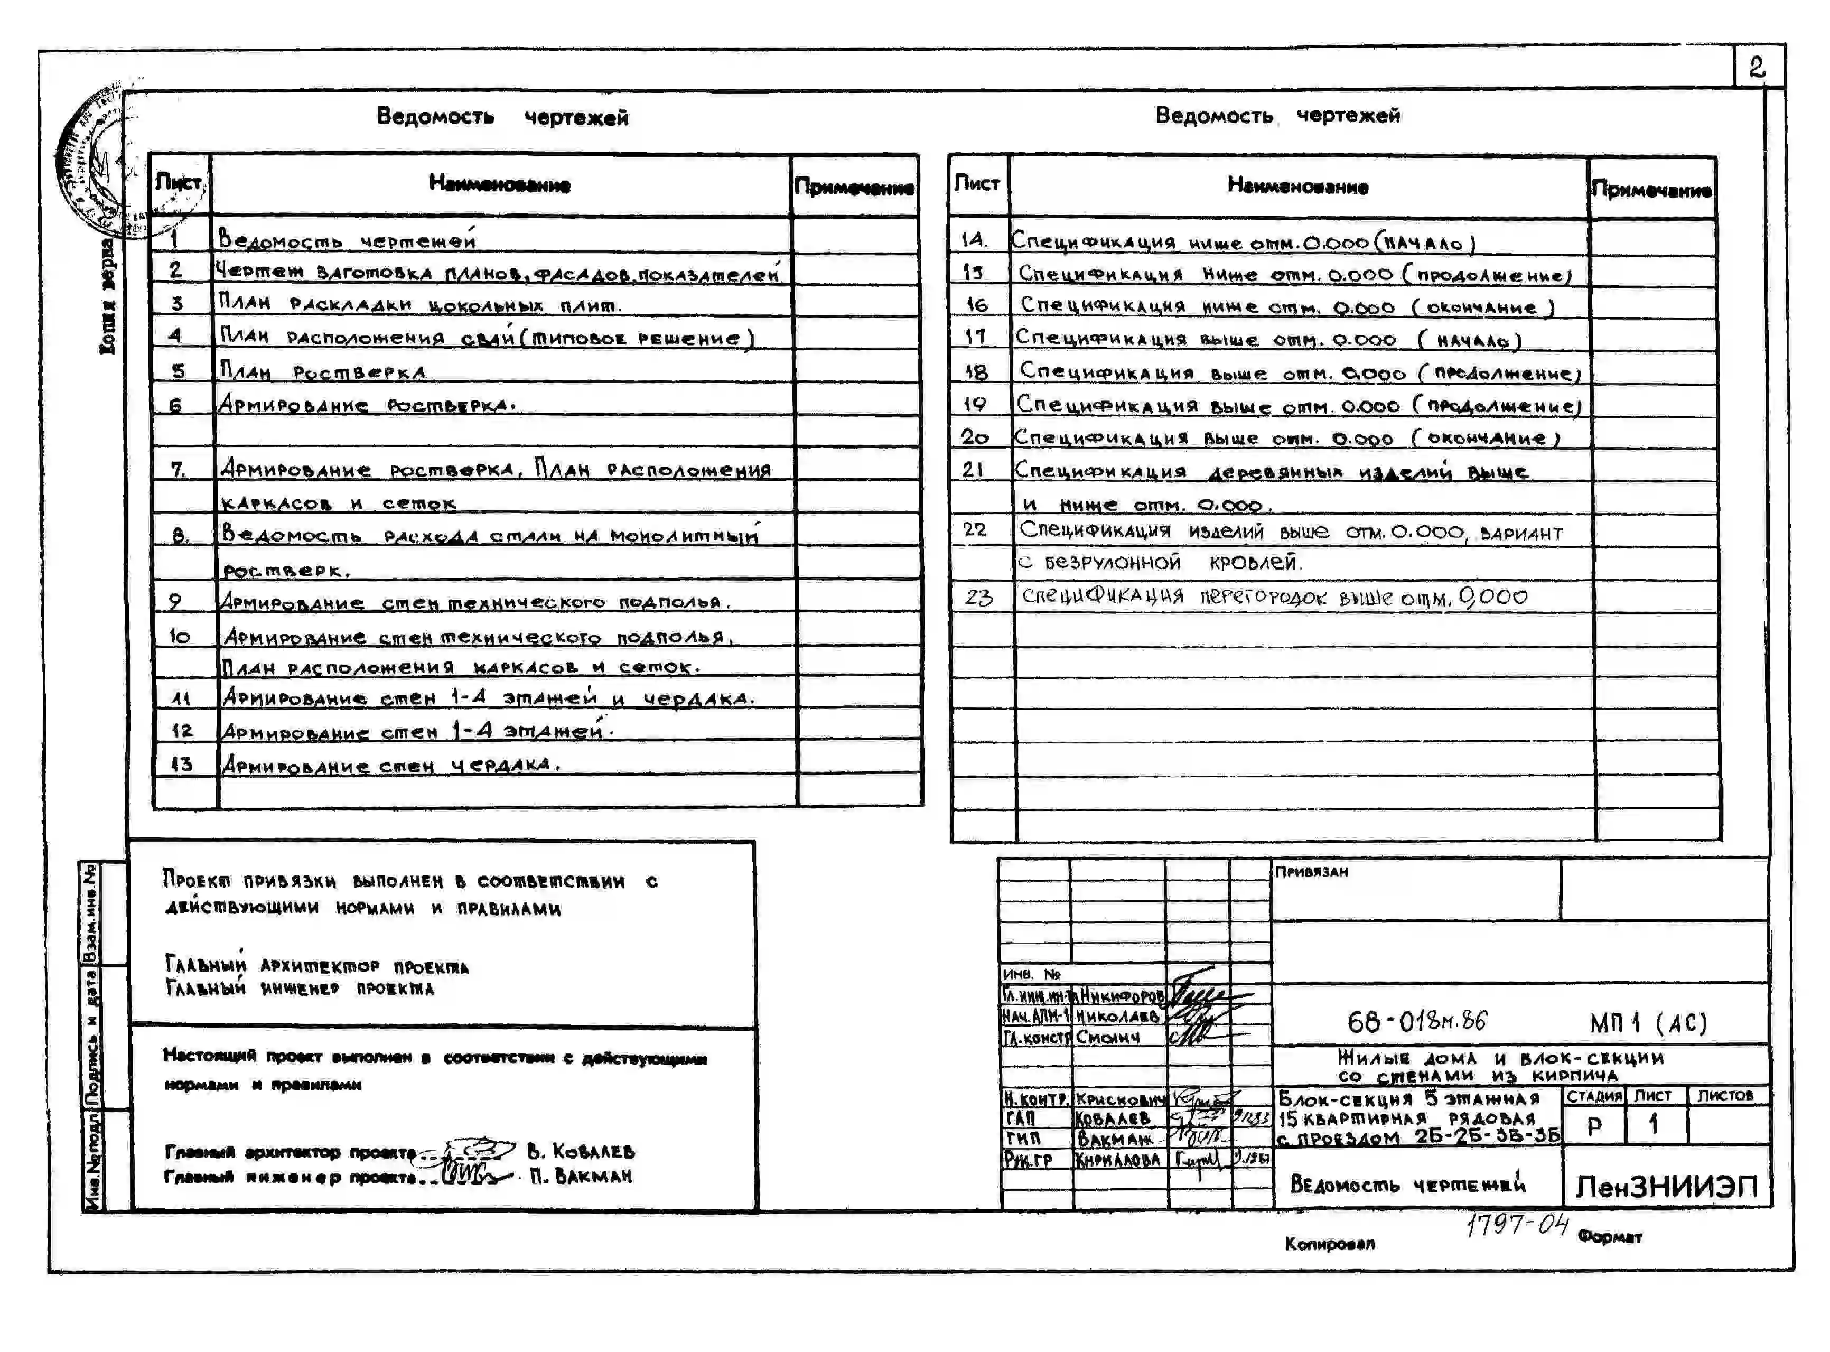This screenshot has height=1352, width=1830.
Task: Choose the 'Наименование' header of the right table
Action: click(1297, 187)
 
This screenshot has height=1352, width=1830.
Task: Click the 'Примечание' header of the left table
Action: click(854, 188)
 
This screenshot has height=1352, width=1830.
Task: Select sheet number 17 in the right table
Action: click(974, 337)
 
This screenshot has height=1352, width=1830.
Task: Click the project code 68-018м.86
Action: click(1416, 1021)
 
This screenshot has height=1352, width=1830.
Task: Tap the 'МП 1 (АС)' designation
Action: click(1648, 1023)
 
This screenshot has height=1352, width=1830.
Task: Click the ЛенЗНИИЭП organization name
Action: click(1666, 1186)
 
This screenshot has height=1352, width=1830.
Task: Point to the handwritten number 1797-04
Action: click(1517, 1225)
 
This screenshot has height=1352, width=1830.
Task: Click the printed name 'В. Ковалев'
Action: click(580, 1151)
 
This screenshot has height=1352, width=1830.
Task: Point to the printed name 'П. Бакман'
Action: click(580, 1176)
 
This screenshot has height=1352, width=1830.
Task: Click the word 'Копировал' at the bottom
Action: click(1329, 1244)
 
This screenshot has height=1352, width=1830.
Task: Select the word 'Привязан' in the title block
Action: click(1311, 872)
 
